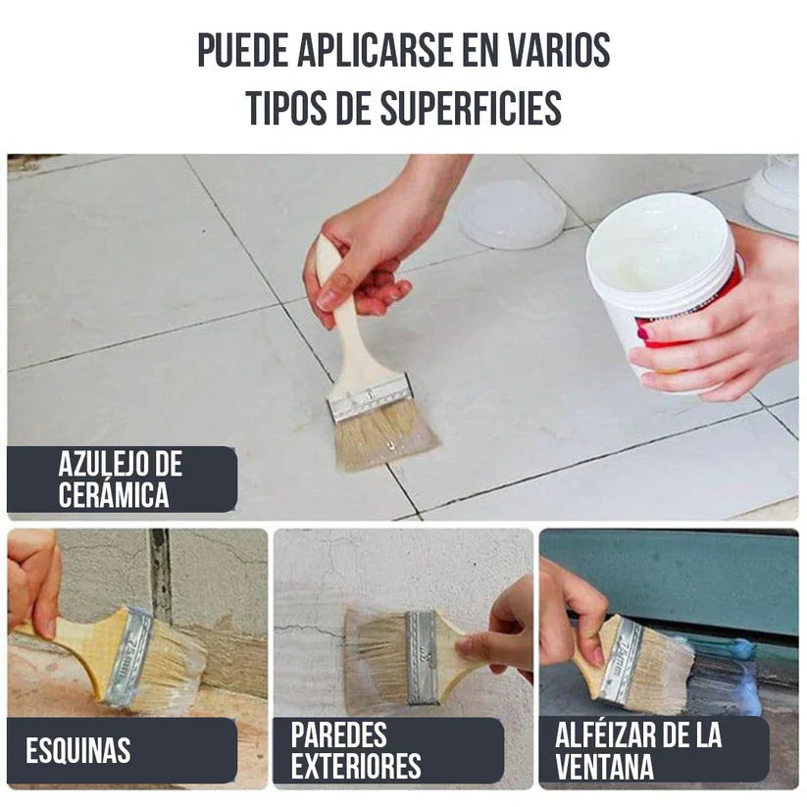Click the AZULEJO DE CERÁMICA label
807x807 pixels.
pos(121,479)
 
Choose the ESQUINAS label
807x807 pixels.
pos(78,751)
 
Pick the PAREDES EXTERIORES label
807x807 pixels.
pos(356,750)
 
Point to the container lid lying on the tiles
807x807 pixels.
pos(511,213)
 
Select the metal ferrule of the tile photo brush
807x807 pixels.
pos(369,396)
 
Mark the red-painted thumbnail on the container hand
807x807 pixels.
pos(644,333)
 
